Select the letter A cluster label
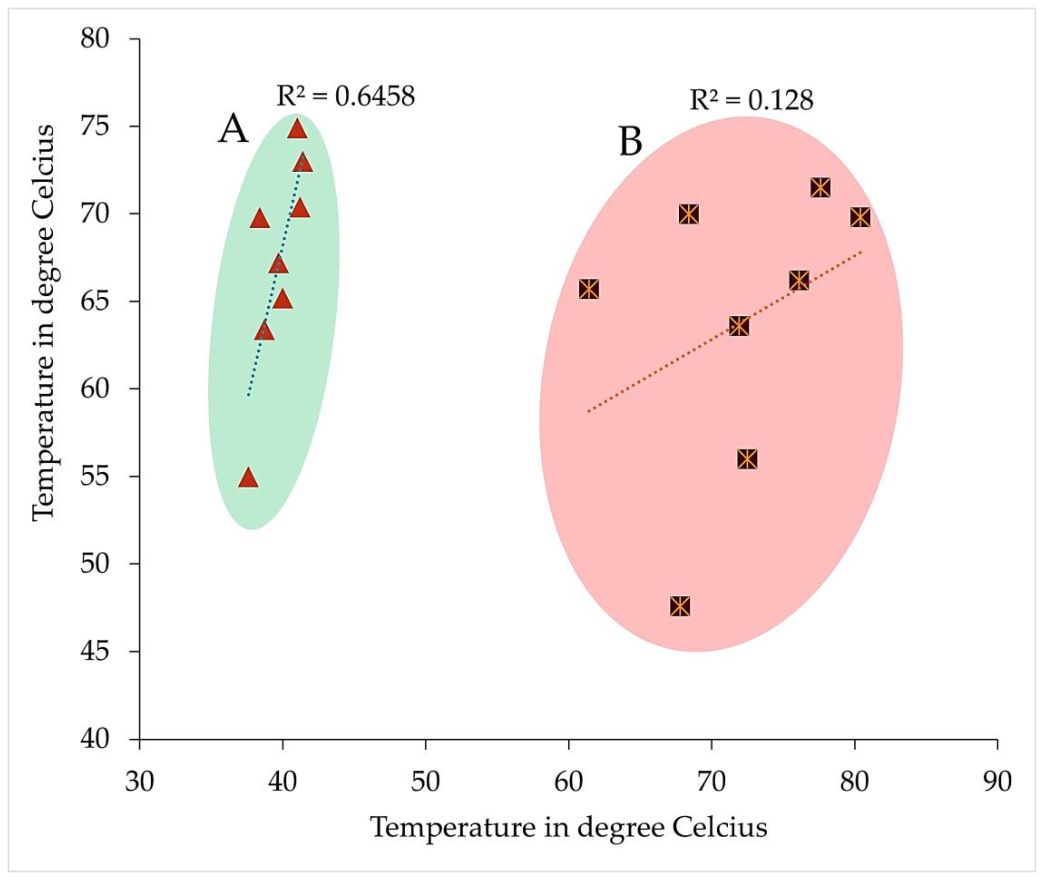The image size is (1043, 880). pos(233,129)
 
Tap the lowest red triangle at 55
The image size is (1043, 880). pos(249,478)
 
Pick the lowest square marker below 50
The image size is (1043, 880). pos(680,606)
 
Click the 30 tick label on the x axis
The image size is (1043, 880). pos(139,782)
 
